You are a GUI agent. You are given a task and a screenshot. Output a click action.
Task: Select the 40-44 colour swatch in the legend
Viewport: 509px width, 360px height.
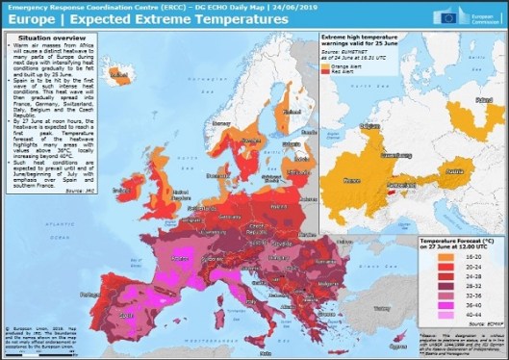click(435, 314)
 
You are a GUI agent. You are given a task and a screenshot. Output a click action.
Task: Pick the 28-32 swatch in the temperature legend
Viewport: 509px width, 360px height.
click(435, 286)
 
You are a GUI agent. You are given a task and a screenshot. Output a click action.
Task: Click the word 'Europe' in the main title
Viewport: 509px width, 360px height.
click(32, 20)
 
